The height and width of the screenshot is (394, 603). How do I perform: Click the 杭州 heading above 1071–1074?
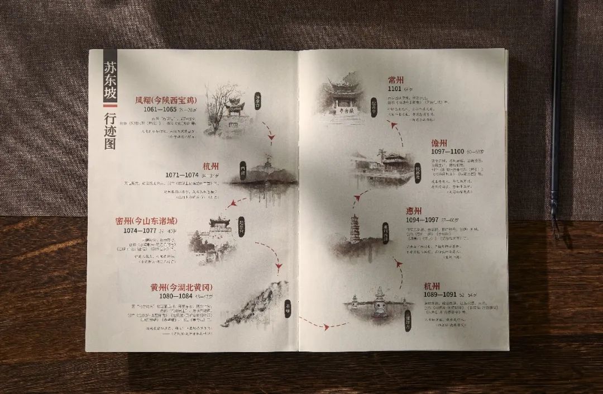coord(210,166)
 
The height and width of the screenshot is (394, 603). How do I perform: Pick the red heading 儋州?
coord(443,143)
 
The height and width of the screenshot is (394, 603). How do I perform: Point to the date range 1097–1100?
coord(448,151)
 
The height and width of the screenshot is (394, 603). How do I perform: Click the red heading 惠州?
coord(418,211)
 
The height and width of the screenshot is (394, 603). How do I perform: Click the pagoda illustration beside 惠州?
coord(355,230)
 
